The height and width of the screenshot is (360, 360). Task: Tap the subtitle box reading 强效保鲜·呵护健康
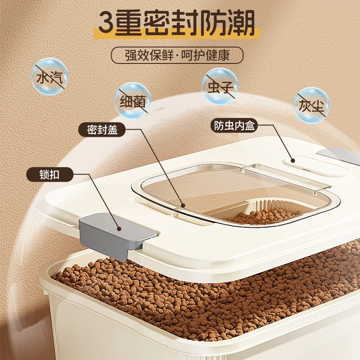pos(177,55)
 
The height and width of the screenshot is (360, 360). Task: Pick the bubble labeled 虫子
pos(220,86)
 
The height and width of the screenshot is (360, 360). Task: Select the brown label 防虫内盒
pos(234,126)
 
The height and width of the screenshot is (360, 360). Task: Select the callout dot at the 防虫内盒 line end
pos(292,160)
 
